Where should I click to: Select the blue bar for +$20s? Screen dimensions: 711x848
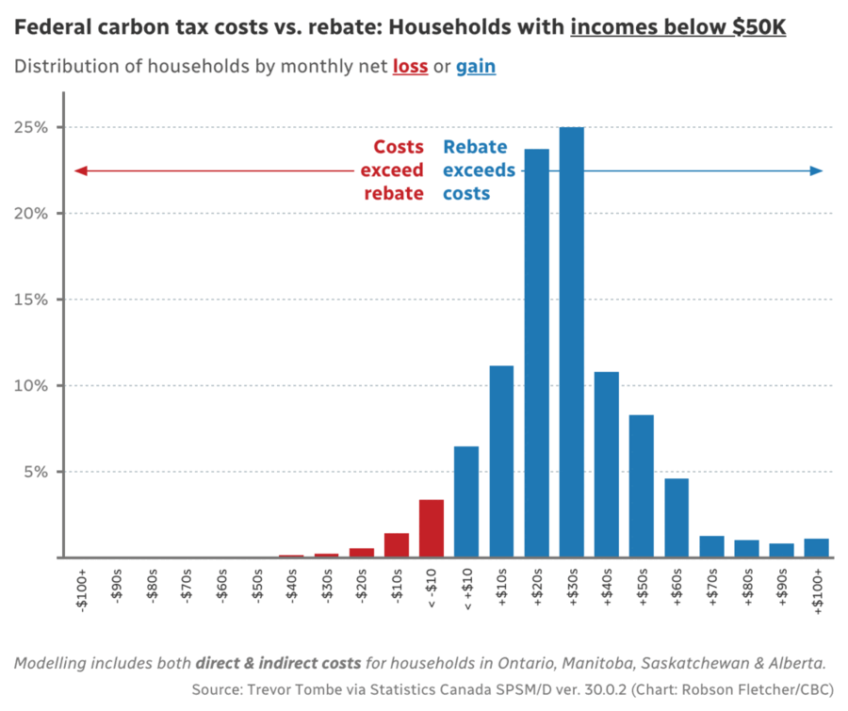click(536, 353)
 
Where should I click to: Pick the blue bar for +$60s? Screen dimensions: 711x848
click(677, 518)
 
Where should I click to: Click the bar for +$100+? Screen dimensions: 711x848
click(816, 548)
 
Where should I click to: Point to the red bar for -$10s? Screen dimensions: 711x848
click(396, 545)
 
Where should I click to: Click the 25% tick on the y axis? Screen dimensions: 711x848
click(38, 127)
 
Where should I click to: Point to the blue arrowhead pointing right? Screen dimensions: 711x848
click(817, 170)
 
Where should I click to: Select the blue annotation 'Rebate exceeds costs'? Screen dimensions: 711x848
click(479, 170)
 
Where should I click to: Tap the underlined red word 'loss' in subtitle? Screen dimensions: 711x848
click(410, 67)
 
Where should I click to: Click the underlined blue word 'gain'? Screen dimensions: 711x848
click(476, 67)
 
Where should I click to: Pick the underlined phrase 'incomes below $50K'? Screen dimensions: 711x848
click(677, 27)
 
